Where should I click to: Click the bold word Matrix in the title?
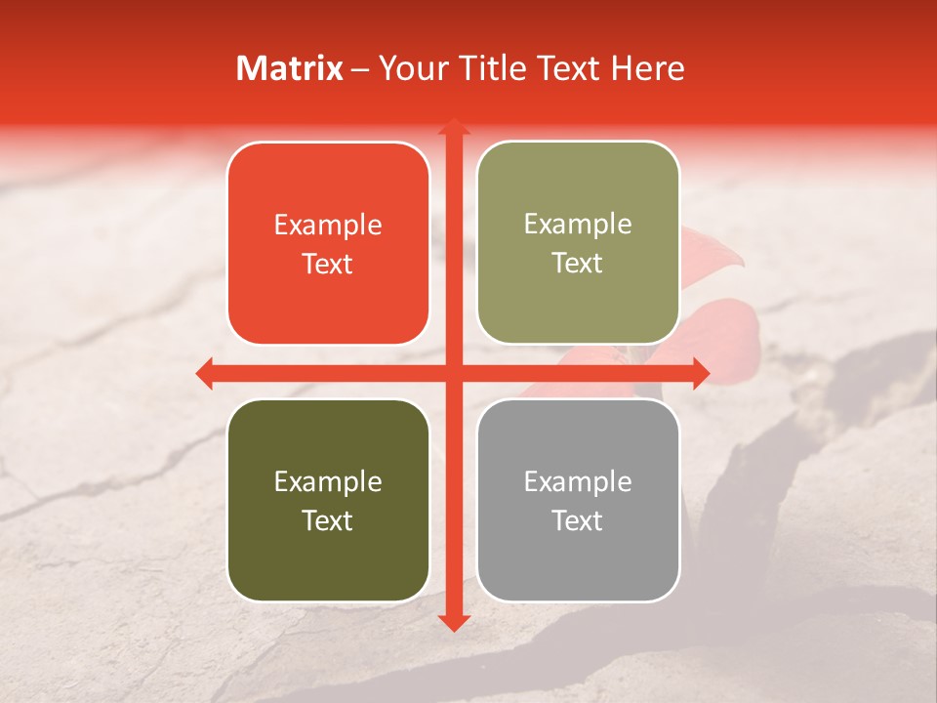(x=290, y=68)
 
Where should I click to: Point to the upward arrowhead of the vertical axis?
(x=453, y=128)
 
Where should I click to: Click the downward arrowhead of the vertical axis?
(x=453, y=622)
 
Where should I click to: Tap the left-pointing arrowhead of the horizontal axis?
(x=205, y=373)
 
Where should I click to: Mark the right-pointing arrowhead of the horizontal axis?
(x=700, y=373)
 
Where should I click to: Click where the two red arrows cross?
(x=453, y=373)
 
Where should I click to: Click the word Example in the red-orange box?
(x=328, y=226)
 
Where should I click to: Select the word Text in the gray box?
(x=578, y=520)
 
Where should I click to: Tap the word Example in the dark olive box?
(x=328, y=482)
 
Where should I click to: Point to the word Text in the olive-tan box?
(x=578, y=264)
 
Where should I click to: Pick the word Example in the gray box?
(x=578, y=482)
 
